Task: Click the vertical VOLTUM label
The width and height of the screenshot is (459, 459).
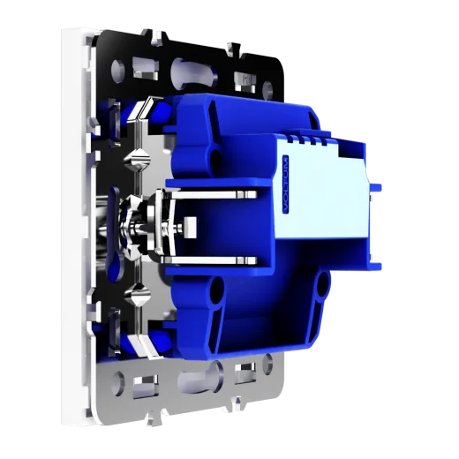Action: [285, 184]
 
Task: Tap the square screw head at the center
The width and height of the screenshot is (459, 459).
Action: [190, 226]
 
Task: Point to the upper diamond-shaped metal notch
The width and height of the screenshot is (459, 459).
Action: [137, 159]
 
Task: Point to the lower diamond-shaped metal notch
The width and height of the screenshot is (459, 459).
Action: [137, 293]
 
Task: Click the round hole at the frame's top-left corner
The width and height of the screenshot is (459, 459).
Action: [117, 70]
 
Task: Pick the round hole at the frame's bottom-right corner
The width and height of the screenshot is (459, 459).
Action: [267, 361]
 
